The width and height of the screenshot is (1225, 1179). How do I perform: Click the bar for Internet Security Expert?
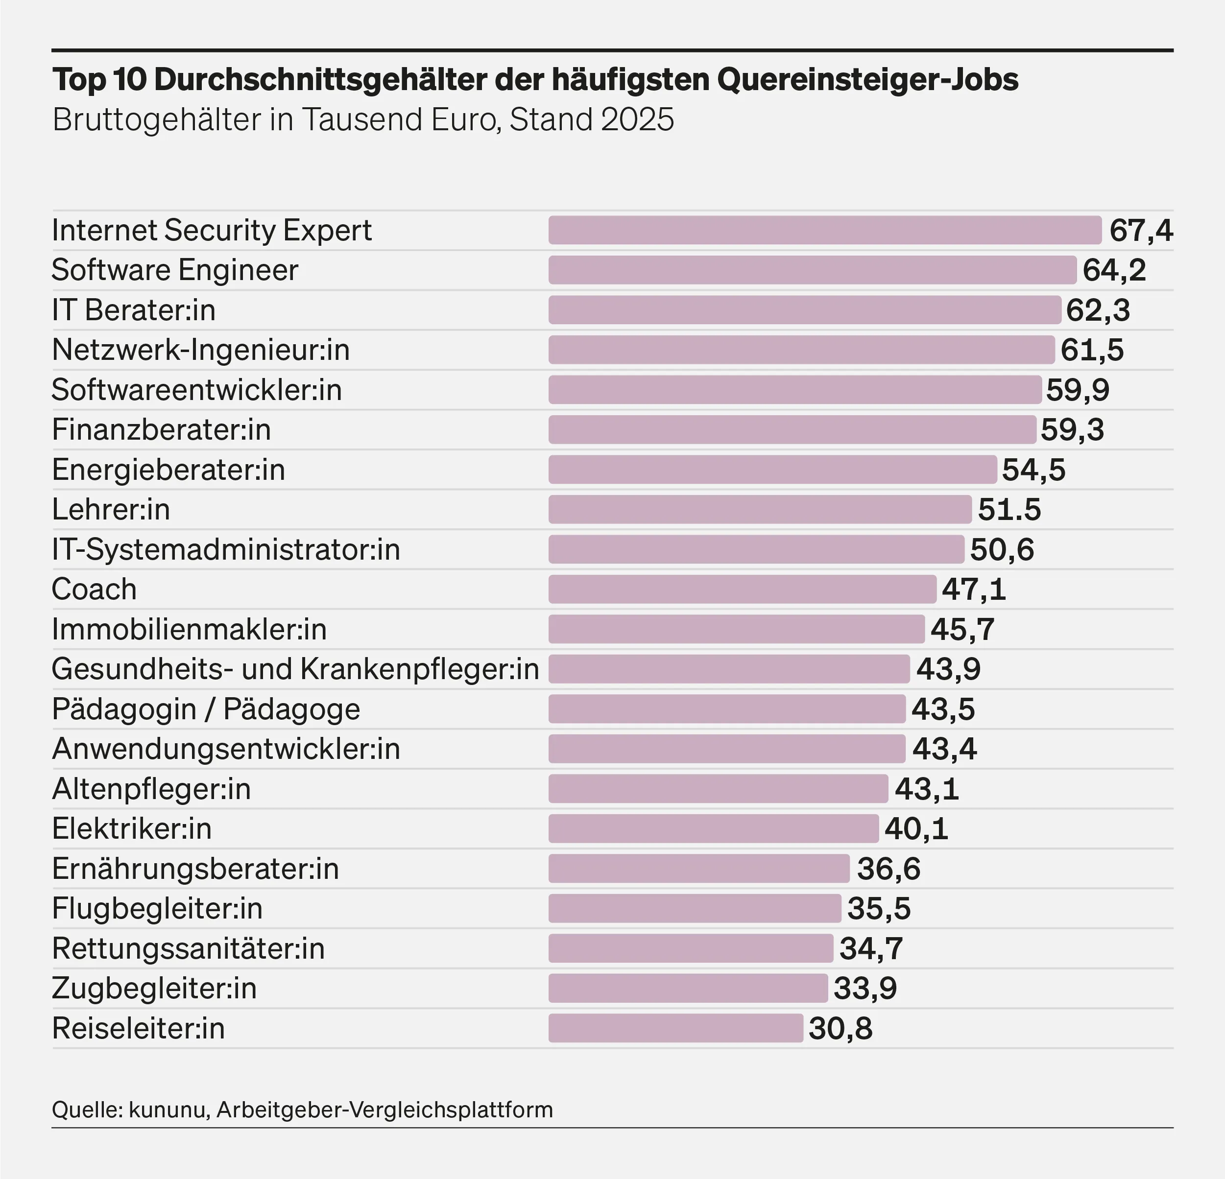(x=825, y=230)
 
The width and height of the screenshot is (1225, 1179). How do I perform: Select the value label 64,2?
(x=1114, y=270)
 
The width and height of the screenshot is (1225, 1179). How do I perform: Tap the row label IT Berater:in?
(x=134, y=310)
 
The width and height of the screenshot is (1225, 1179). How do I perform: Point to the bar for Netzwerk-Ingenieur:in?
(x=801, y=350)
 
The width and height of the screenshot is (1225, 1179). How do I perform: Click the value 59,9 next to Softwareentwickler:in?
(x=1078, y=390)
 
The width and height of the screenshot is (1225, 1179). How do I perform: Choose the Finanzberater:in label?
(x=161, y=430)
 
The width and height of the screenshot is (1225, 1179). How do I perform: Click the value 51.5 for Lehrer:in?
(x=1009, y=510)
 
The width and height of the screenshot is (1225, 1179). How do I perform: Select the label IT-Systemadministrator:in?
(x=226, y=550)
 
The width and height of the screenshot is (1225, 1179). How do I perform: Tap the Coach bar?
(x=743, y=589)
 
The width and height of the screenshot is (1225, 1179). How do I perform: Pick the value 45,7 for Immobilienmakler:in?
(x=962, y=629)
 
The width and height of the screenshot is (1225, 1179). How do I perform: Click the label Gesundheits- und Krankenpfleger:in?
(x=295, y=669)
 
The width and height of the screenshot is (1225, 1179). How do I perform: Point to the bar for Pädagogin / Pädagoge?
(x=727, y=709)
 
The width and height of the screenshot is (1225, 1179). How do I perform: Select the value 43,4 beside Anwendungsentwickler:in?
(x=944, y=749)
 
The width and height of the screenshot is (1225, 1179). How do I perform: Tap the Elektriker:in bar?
(x=714, y=829)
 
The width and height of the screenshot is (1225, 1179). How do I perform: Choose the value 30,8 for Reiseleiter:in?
(x=841, y=1028)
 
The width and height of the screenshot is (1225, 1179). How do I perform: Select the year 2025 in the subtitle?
(x=638, y=120)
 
